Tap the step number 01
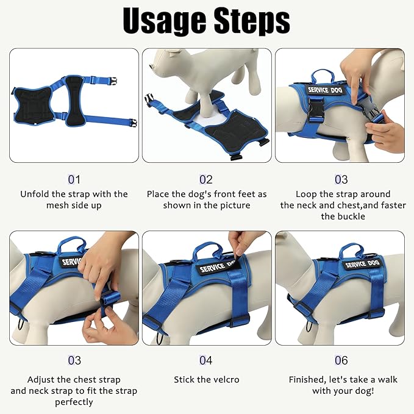point(74,180)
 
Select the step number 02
point(206,180)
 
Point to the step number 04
point(206,361)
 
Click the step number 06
point(341,361)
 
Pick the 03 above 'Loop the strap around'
point(341,180)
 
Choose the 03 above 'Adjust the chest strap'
point(74,361)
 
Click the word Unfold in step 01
point(35,194)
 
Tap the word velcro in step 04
point(224,379)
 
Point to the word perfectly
point(74,402)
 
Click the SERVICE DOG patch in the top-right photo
point(326,90)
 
